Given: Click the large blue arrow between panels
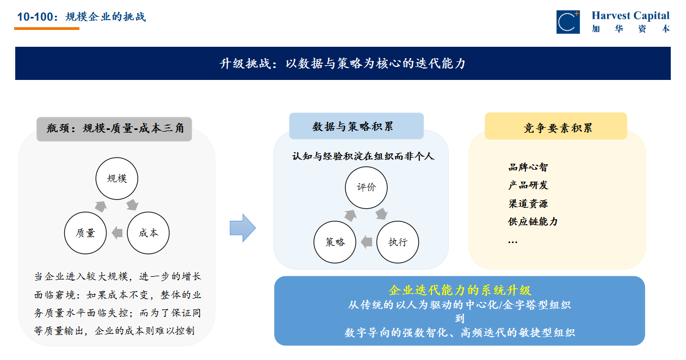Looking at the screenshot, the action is (x=243, y=228).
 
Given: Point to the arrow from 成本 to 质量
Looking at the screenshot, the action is (x=117, y=233).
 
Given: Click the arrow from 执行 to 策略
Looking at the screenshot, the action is (x=367, y=242).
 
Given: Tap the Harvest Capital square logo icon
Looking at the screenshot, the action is (x=568, y=22).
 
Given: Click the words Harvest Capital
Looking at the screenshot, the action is (x=631, y=16).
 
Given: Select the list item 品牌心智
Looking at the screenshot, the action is (x=528, y=167).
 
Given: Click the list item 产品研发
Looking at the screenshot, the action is (x=528, y=185).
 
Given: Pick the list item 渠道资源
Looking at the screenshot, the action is (x=528, y=203).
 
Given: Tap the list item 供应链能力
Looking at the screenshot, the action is (x=533, y=222).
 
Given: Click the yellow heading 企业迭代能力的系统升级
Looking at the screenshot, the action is (x=460, y=290).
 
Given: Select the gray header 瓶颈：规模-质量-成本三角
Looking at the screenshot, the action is (x=114, y=129).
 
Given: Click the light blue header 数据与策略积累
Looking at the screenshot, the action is (x=356, y=126).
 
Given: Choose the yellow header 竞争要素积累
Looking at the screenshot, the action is (x=556, y=126).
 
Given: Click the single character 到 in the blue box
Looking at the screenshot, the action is (x=460, y=319).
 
